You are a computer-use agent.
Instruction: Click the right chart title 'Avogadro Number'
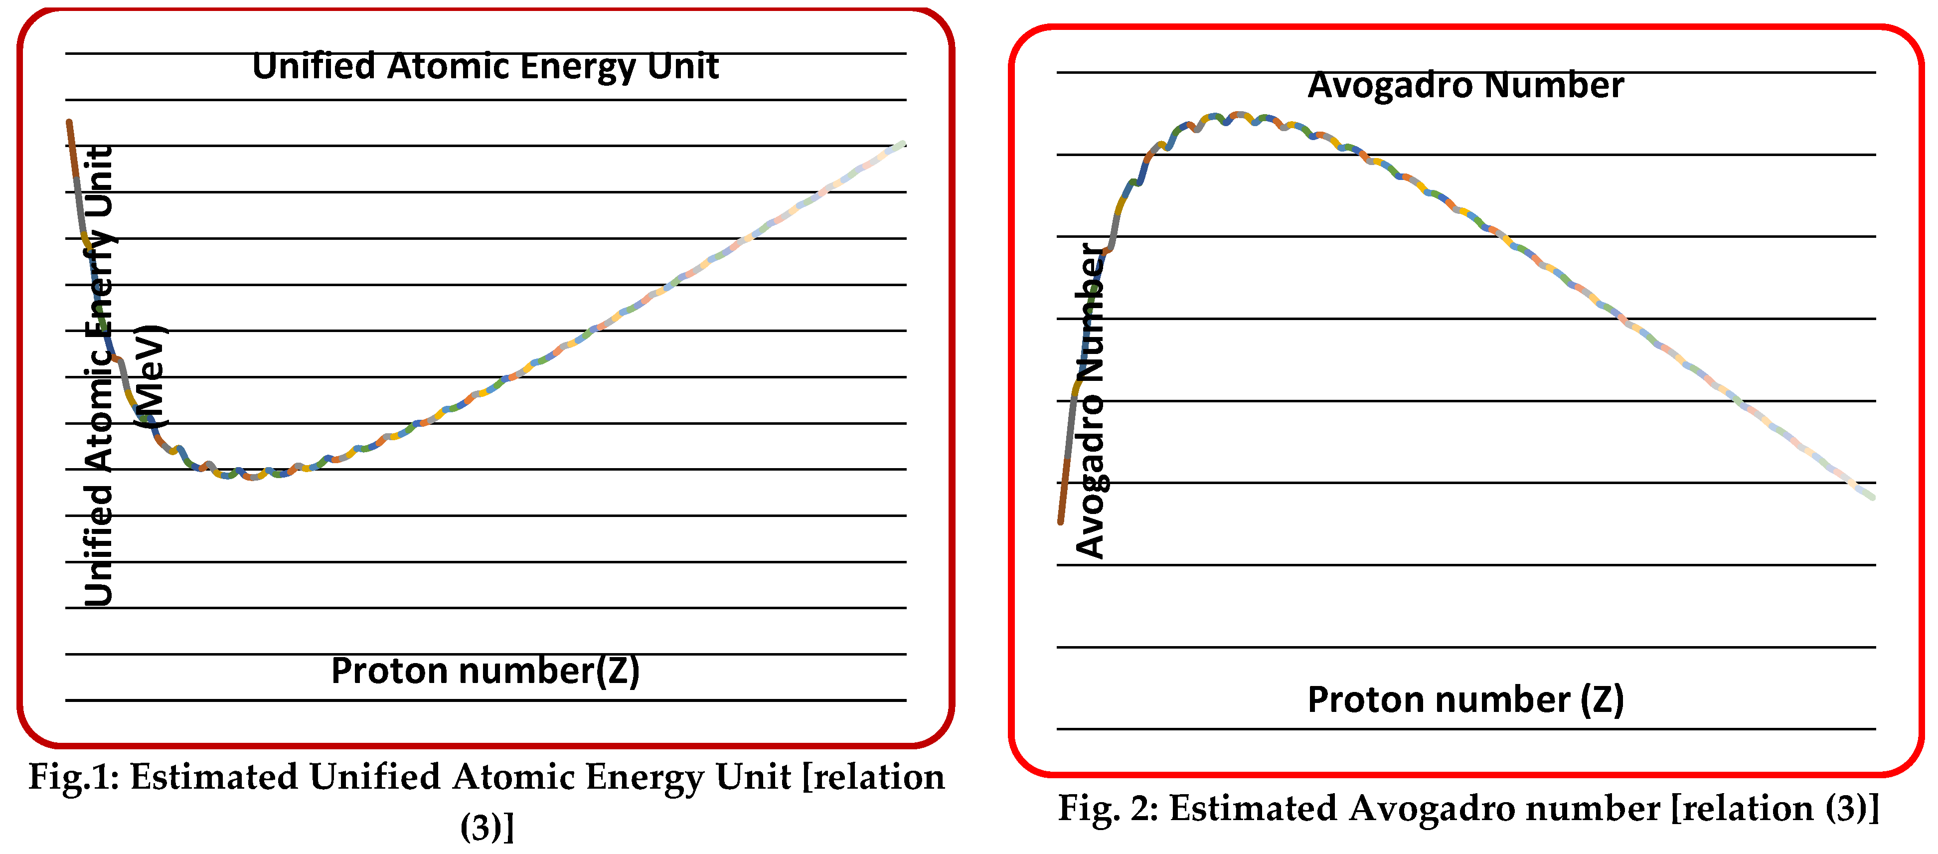1465,85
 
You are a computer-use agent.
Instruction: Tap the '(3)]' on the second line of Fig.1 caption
487,827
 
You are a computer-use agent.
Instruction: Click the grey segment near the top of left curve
80,207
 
